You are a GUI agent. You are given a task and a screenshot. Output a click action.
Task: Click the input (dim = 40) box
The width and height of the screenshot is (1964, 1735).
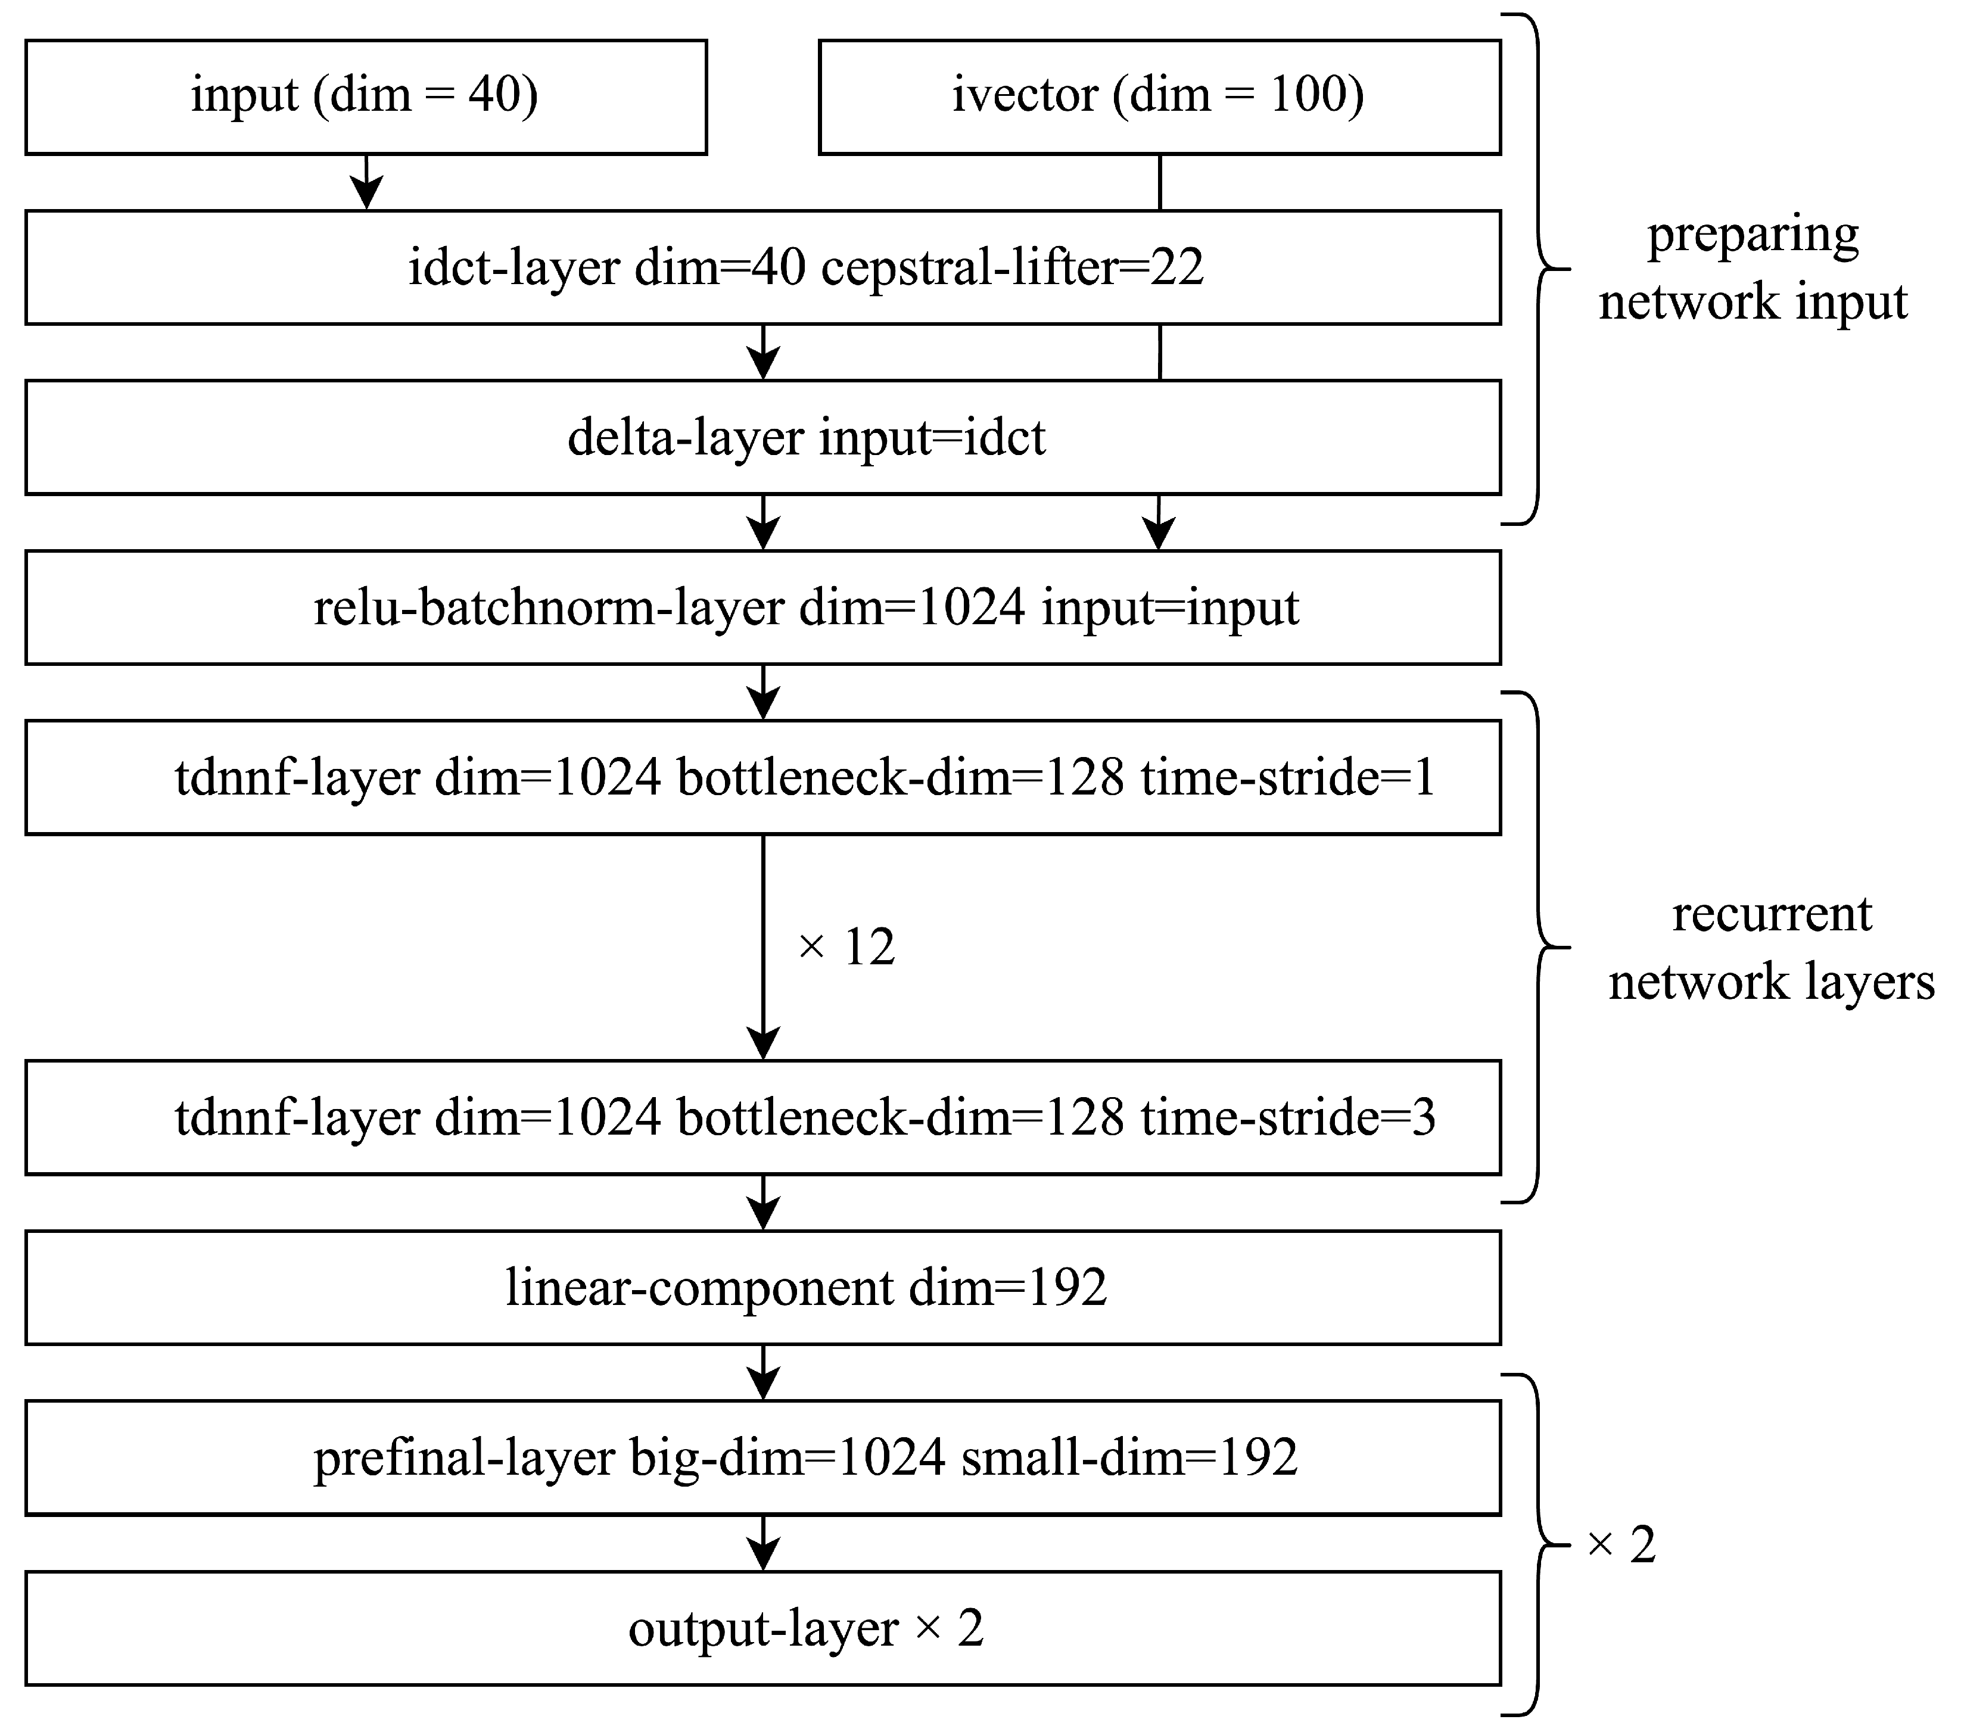point(365,96)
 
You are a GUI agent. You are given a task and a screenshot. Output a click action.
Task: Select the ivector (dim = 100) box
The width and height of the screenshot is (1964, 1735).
point(1159,96)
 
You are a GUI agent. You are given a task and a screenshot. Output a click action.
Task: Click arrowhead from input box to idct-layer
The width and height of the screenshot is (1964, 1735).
point(366,195)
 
